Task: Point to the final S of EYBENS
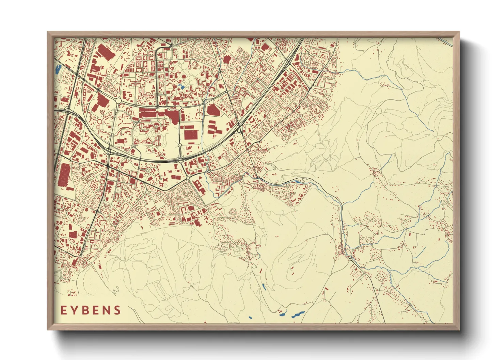[x=117, y=310]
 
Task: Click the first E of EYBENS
[x=64, y=310]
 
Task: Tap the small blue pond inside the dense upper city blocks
[x=182, y=87]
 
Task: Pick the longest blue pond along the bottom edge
[x=298, y=315]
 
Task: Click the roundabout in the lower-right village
[x=350, y=259]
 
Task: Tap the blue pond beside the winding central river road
[x=298, y=182]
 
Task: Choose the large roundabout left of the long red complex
[x=118, y=101]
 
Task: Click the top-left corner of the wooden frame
[x=48, y=32]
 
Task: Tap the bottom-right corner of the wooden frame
[x=459, y=329]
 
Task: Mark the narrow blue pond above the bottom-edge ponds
[x=264, y=287]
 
